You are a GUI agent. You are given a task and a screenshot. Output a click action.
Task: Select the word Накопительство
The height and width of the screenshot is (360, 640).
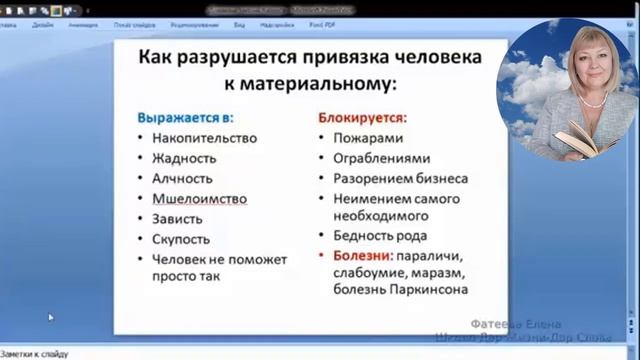click(204, 138)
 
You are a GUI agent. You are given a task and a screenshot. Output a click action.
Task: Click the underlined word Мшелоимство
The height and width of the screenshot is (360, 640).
click(199, 198)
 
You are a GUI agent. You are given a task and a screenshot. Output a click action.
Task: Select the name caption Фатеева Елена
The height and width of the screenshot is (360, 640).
click(517, 324)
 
